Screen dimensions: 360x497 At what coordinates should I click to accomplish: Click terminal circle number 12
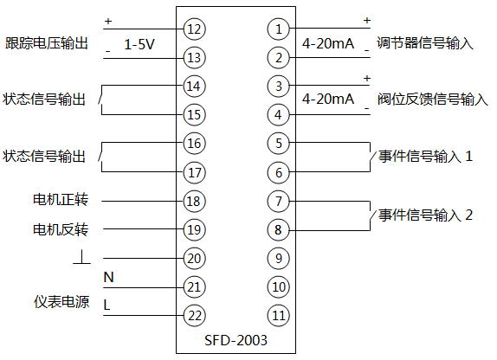pyautogui.click(x=194, y=29)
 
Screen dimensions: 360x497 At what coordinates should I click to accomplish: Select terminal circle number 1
pyautogui.click(x=278, y=29)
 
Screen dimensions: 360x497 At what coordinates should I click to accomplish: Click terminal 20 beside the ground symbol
pyautogui.click(x=194, y=257)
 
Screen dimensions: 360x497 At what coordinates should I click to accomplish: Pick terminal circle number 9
pyautogui.click(x=278, y=257)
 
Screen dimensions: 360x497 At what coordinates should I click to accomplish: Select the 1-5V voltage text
pyautogui.click(x=139, y=44)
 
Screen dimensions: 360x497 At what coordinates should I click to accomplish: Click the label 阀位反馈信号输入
pyautogui.click(x=432, y=100)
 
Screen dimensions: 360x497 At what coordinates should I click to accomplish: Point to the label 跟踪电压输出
pyautogui.click(x=47, y=43)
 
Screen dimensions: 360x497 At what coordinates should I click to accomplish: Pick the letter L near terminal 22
pyautogui.click(x=107, y=305)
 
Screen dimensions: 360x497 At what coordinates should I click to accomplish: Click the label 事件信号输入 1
pyautogui.click(x=426, y=157)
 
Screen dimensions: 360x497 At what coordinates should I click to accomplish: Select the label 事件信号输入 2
pyautogui.click(x=426, y=215)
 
